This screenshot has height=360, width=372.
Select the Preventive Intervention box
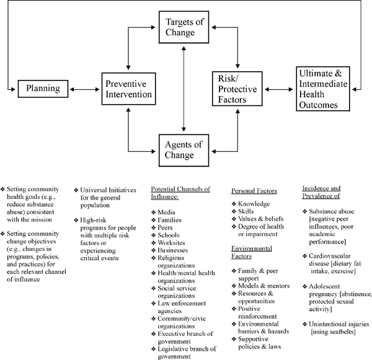coord(128,89)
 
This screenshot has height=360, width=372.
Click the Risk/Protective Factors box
coord(237,88)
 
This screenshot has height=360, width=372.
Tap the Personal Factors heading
coord(254,192)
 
